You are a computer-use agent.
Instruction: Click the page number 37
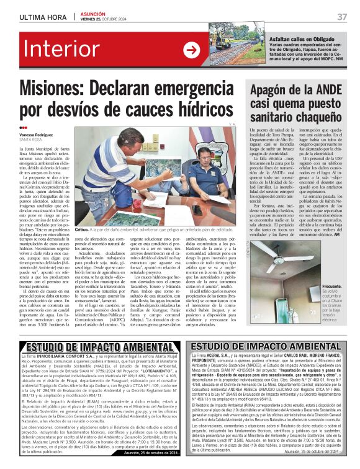point(342,17)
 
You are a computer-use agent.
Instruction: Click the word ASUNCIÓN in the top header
point(92,12)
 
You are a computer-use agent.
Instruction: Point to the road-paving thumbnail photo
point(231,50)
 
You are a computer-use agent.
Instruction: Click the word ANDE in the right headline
point(332,91)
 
